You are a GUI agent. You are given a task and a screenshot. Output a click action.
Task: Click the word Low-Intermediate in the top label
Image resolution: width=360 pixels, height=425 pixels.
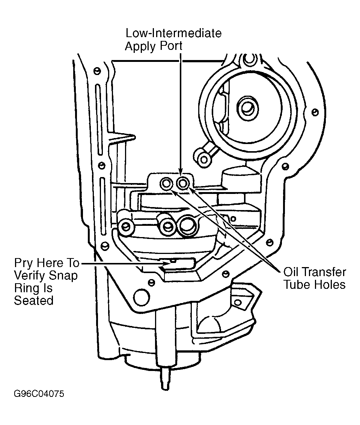pos(174,33)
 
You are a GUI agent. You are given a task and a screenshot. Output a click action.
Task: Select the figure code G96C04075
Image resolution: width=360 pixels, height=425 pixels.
pos(39,393)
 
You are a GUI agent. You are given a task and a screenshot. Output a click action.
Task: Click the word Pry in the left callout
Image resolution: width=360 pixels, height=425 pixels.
pos(23,263)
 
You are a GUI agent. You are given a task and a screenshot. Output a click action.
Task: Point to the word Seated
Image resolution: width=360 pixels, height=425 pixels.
pos(34,300)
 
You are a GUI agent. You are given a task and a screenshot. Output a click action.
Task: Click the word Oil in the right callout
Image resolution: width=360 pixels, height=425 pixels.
pos(291,272)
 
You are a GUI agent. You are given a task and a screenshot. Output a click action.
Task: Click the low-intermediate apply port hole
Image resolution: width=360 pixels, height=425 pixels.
pos(183,184)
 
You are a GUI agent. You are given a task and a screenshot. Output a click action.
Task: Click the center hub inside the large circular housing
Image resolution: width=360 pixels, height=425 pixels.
pos(247,108)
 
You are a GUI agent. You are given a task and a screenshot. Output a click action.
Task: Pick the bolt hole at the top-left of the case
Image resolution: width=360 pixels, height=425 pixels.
pos(97,71)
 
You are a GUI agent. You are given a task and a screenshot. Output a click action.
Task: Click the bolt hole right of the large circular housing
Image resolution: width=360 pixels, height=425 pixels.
pos(315,112)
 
